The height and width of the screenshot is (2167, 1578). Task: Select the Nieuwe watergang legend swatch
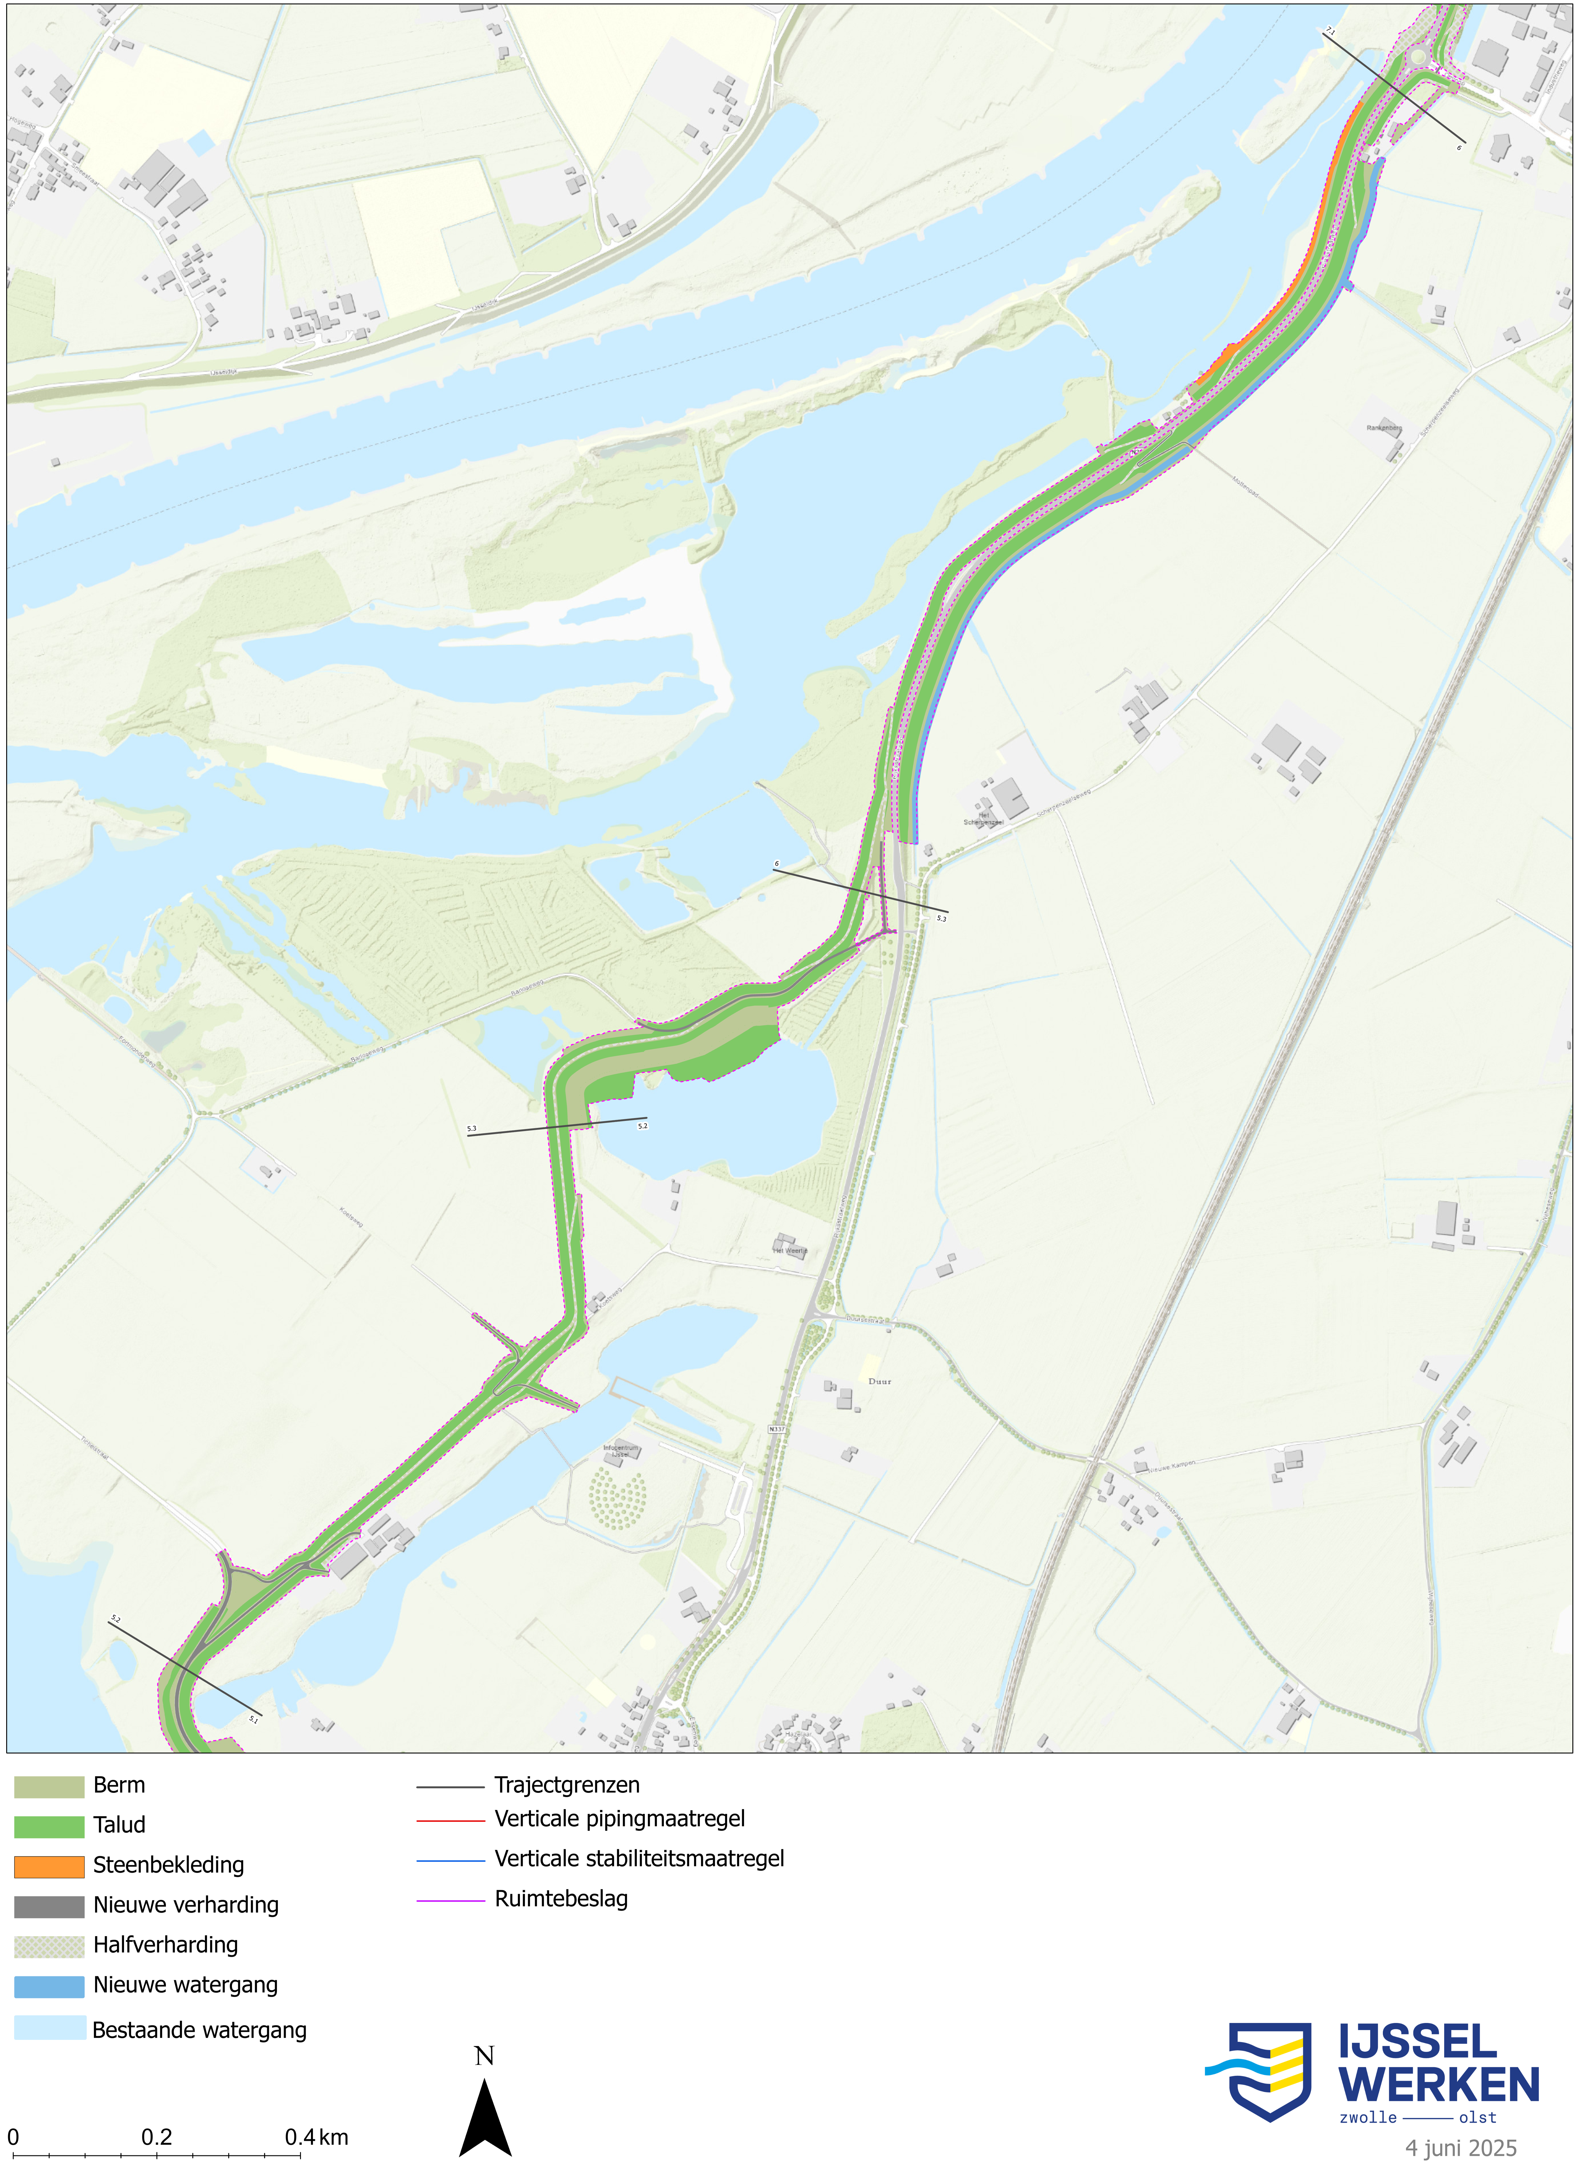(x=49, y=1985)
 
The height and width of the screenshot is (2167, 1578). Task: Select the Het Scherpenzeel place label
(x=982, y=819)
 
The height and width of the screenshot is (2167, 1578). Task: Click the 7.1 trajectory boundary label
(x=1329, y=31)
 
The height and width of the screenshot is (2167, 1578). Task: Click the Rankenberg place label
(x=1383, y=428)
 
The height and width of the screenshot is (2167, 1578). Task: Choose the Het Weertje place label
(x=790, y=1250)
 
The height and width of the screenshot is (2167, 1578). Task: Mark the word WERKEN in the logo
(x=1439, y=2085)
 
